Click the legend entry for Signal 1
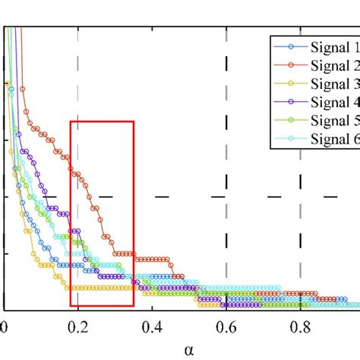point(332,46)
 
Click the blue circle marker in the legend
point(290,46)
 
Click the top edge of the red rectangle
point(102,122)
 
